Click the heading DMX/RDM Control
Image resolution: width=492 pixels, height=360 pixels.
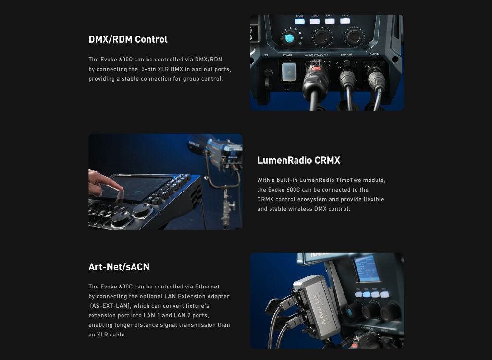pyautogui.click(x=128, y=39)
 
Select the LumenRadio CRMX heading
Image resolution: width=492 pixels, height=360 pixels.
pyautogui.click(x=298, y=160)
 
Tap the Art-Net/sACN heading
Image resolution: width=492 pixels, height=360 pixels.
pyautogui.click(x=119, y=267)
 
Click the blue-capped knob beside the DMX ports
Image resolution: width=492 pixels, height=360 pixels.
pyautogui.click(x=289, y=38)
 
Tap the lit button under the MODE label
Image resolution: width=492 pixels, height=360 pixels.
pyautogui.click(x=300, y=21)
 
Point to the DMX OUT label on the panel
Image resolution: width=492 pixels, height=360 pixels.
pyautogui.click(x=346, y=55)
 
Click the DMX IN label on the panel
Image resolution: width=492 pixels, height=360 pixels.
pyautogui.click(x=374, y=54)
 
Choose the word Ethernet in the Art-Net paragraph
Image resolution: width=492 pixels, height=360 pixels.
pyautogui.click(x=207, y=287)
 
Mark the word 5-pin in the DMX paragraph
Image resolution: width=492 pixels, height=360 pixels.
pyautogui.click(x=148, y=69)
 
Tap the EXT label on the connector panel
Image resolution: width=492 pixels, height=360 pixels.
pyautogui.click(x=266, y=55)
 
